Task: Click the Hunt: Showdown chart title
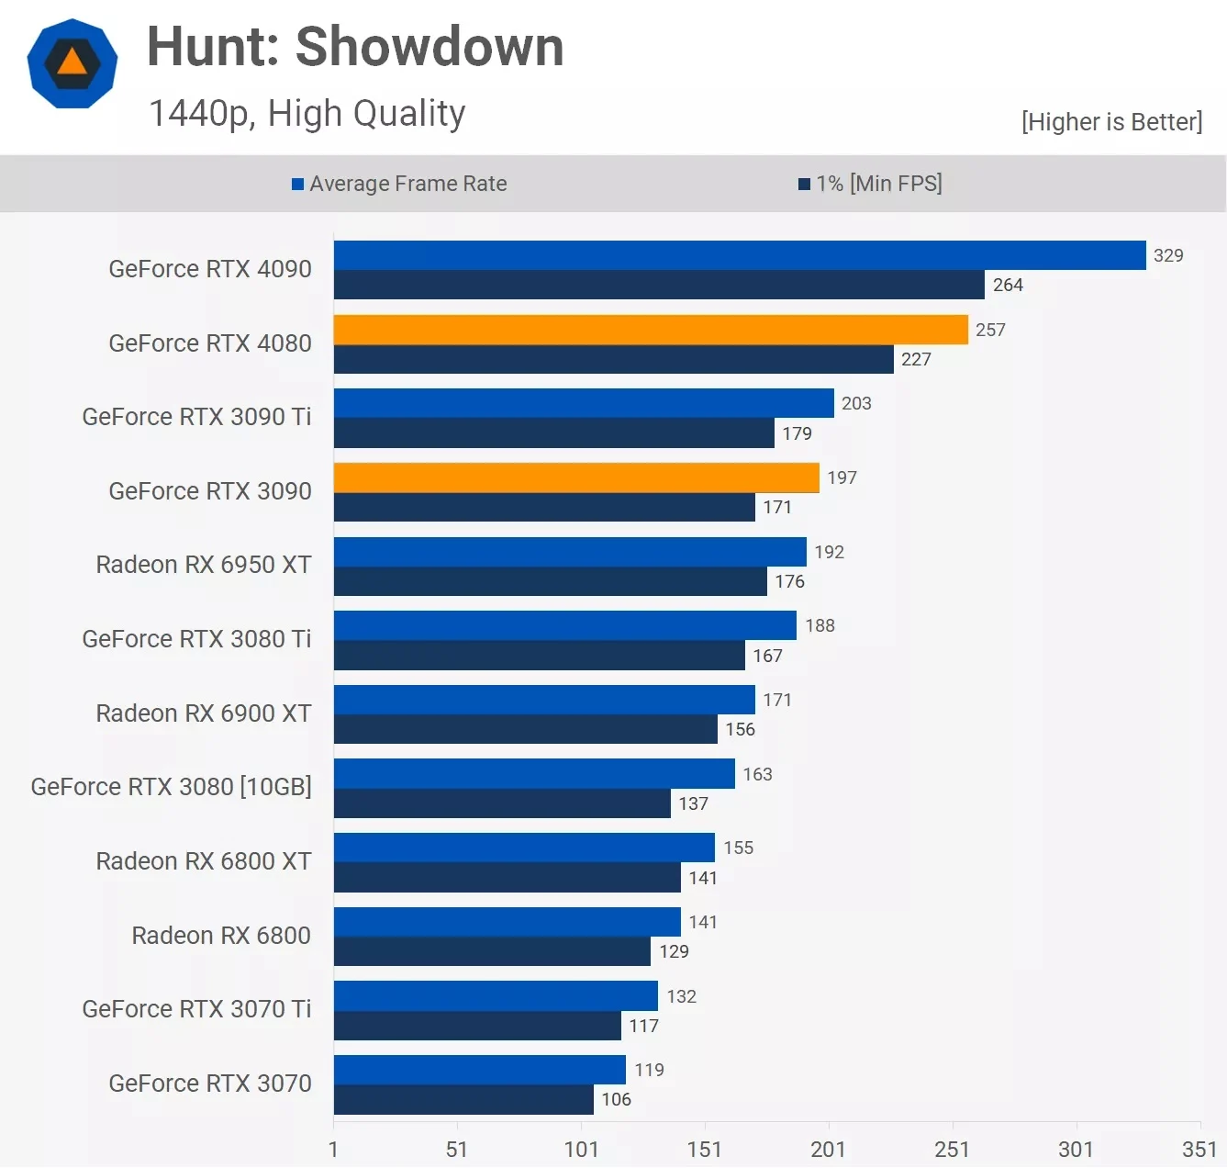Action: point(355,47)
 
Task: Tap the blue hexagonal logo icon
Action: point(73,63)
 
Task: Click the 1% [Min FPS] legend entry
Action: point(870,184)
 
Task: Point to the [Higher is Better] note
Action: point(1111,122)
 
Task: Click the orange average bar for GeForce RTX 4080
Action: point(651,330)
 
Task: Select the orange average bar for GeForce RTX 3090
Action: point(576,477)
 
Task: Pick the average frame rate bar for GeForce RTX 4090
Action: point(740,255)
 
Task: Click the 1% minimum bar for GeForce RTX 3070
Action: point(463,1100)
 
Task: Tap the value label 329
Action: point(1168,255)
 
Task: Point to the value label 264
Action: point(1008,285)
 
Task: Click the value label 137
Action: point(693,803)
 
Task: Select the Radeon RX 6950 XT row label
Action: point(204,565)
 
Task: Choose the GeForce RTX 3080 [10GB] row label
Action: point(172,787)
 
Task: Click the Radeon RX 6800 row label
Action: point(221,936)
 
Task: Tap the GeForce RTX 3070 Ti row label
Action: point(196,1009)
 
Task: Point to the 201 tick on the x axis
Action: point(828,1149)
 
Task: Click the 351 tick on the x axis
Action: point(1199,1149)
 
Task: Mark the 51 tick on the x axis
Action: point(457,1149)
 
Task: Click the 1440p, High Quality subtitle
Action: point(307,113)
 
